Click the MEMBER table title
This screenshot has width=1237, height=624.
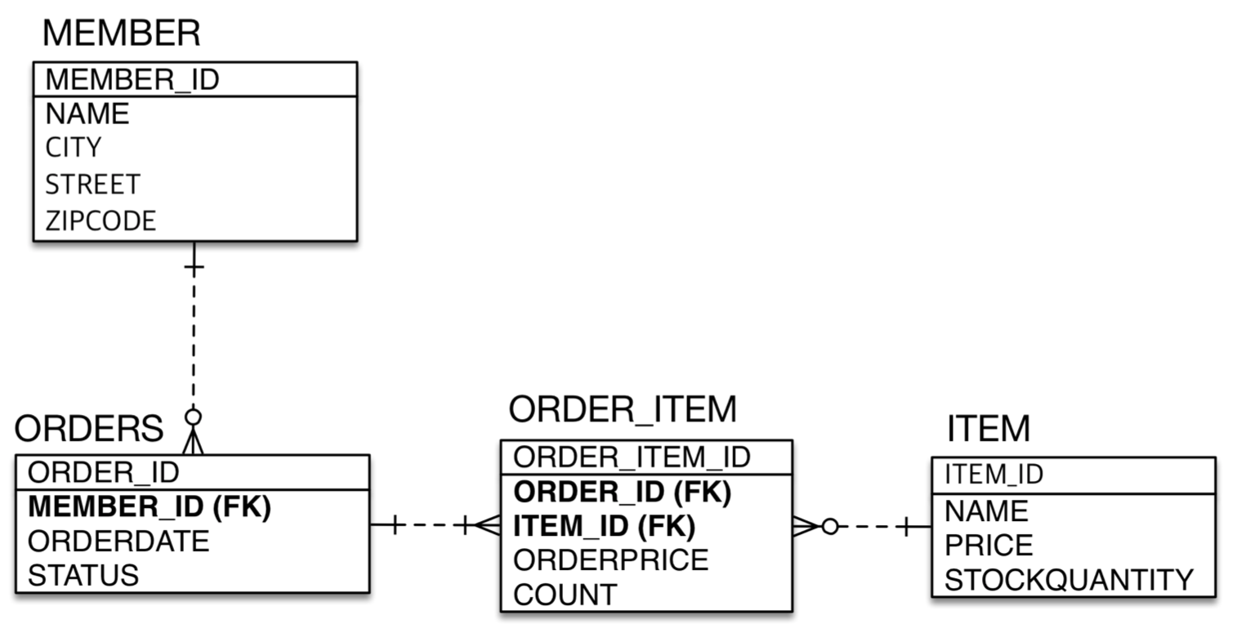(121, 33)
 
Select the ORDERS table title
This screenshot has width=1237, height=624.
(88, 429)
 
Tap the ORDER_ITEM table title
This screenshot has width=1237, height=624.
(623, 409)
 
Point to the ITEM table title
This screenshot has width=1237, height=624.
(989, 429)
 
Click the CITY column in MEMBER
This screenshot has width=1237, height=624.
(74, 148)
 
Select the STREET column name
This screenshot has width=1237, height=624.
(92, 185)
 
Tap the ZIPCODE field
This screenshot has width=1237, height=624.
(100, 221)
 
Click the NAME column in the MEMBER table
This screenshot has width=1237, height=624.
(87, 114)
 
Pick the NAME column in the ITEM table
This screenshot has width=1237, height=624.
(986, 511)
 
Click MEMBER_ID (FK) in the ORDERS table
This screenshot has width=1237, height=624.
(150, 506)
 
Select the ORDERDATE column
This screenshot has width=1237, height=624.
(118, 541)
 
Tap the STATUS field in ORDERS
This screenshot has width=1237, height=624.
(83, 576)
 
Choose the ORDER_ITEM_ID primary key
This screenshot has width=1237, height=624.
(632, 457)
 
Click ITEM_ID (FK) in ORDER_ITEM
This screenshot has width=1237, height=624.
(605, 526)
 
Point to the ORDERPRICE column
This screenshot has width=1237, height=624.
(611, 560)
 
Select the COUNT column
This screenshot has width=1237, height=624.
(565, 595)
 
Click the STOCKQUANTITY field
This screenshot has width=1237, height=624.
(1070, 580)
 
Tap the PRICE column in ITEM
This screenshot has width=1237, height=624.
(989, 546)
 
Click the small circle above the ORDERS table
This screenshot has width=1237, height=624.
(193, 417)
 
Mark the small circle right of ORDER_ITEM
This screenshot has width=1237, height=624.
(830, 527)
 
